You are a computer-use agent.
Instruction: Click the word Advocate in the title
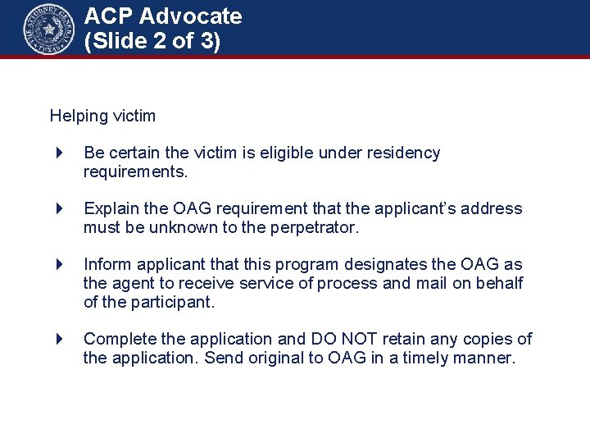point(194,16)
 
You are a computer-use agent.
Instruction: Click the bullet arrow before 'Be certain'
point(60,153)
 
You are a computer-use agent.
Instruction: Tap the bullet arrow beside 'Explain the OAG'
point(60,208)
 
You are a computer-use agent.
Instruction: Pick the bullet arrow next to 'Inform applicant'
point(60,264)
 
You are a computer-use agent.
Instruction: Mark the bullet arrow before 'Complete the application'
point(60,339)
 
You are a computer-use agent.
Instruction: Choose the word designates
point(383,264)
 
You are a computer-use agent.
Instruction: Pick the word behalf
point(501,283)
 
